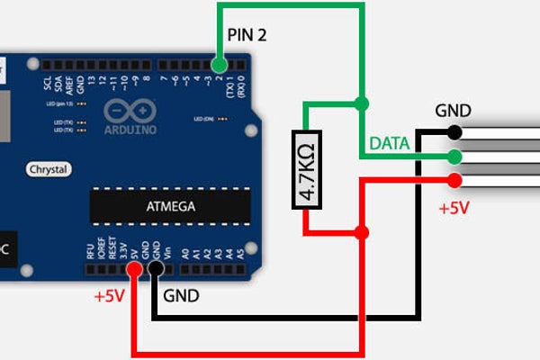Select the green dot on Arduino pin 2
pos(219,65)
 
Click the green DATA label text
pos(390,143)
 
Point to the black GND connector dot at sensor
pos(454,133)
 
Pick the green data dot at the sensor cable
pos(454,157)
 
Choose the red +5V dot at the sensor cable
pos(454,180)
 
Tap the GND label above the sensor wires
pos(453,111)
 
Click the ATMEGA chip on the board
pos(170,207)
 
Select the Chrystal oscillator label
pos(49,169)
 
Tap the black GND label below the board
pos(181,295)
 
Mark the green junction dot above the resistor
pos(360,103)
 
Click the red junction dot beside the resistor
pos(361,233)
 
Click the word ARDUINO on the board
pos(130,129)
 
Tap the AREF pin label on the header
pos(70,83)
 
